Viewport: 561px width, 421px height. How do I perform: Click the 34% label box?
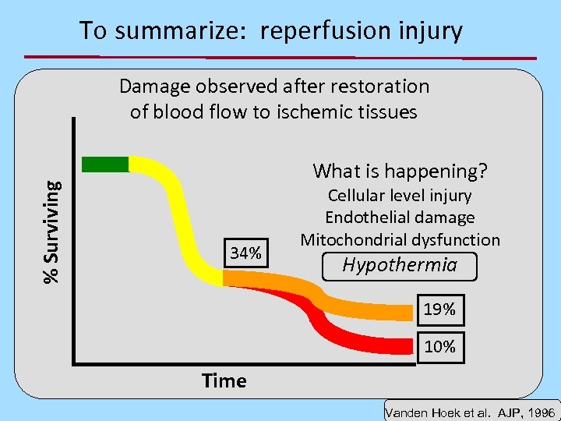(x=245, y=253)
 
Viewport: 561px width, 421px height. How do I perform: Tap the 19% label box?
(x=439, y=309)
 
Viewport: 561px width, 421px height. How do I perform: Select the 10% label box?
(x=439, y=345)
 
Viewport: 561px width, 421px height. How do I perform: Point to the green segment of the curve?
(x=105, y=164)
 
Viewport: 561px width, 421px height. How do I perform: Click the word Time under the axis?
(x=224, y=380)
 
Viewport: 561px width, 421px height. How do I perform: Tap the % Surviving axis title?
(x=52, y=232)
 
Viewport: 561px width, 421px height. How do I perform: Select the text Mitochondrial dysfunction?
(x=400, y=239)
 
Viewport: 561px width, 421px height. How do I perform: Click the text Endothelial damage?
(x=400, y=218)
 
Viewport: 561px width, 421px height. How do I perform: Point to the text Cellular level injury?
(x=400, y=196)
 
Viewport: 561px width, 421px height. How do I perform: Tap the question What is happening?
(x=399, y=170)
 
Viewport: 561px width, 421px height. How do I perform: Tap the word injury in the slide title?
(x=429, y=31)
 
